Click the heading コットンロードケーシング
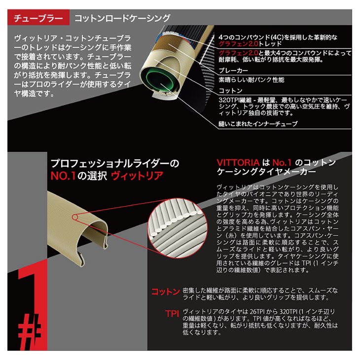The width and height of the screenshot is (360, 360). pyautogui.click(x=122, y=19)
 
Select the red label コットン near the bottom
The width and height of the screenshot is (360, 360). pyautogui.click(x=165, y=292)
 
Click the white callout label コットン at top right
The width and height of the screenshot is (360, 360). pyautogui.click(x=231, y=91)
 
